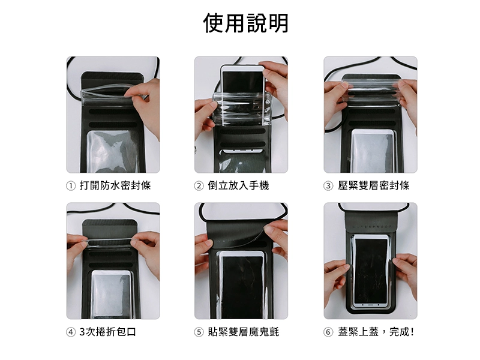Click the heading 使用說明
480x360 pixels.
246,23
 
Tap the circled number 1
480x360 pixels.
71,186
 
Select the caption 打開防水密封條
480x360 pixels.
115,185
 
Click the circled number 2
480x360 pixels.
199,186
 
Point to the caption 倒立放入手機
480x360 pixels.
238,185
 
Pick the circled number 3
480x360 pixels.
328,186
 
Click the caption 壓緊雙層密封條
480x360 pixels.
373,185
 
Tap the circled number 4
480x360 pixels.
71,332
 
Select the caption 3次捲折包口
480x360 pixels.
108,332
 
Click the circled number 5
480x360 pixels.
199,332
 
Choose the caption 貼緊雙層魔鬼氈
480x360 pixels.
244,332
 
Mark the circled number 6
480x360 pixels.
328,332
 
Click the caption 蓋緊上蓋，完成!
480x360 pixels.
376,332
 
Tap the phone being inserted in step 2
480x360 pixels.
242,80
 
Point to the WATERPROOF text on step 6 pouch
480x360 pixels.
371,227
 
